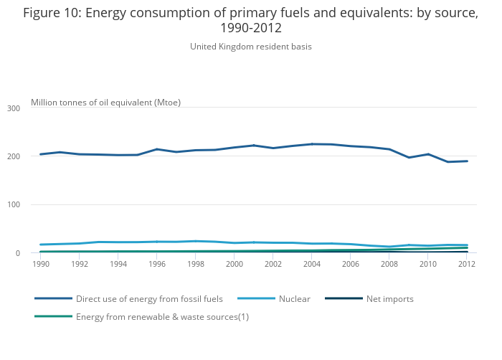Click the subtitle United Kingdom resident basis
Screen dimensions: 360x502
click(250, 47)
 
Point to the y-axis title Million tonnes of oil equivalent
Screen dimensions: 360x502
click(105, 103)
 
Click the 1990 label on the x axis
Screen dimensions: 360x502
click(41, 264)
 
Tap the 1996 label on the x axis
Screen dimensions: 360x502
click(157, 264)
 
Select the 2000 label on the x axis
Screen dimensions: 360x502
click(235, 264)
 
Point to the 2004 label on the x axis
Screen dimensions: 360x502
click(312, 264)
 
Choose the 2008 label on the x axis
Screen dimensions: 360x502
click(389, 264)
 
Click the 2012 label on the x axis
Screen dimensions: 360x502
click(467, 264)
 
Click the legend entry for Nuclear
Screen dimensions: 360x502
click(294, 298)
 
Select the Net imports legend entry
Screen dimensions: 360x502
click(389, 298)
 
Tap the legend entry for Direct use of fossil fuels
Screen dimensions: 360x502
click(149, 298)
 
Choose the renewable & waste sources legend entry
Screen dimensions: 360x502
click(162, 317)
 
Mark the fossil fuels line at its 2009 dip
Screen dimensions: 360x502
click(409, 158)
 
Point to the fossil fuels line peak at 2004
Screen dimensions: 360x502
click(312, 144)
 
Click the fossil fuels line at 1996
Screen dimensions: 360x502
click(157, 149)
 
